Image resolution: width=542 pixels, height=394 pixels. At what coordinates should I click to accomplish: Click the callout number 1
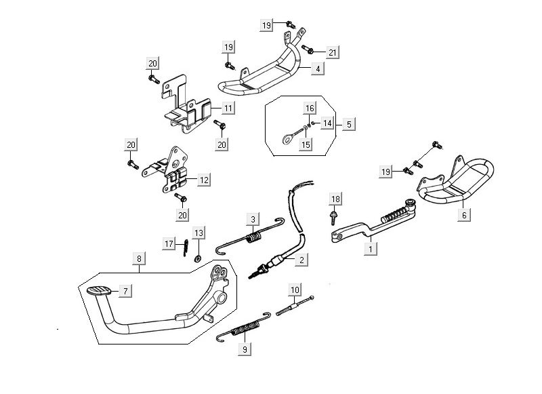coord(370,249)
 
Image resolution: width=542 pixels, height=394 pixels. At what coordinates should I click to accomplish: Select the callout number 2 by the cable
coord(301,258)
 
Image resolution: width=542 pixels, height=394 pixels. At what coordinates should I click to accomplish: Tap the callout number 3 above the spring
coord(253,219)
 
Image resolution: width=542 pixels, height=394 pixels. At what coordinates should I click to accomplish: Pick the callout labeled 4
coord(317,68)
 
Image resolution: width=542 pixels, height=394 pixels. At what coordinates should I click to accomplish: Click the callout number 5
coord(348,124)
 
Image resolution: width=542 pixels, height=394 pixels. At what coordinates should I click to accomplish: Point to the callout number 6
coord(464,214)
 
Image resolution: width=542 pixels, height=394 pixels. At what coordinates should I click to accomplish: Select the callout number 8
coord(138,258)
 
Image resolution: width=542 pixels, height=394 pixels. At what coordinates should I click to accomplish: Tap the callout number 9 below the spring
coord(245,350)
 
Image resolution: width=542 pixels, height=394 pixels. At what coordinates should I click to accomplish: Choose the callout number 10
coord(295,291)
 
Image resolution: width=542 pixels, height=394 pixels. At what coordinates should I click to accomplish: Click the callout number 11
coord(228,108)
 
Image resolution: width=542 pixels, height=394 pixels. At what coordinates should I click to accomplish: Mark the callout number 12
coord(203,180)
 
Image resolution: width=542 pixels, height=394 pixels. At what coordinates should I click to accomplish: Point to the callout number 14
coord(327,123)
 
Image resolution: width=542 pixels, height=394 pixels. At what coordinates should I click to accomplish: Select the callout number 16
coord(309,109)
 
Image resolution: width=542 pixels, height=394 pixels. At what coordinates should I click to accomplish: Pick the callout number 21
coord(332,52)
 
